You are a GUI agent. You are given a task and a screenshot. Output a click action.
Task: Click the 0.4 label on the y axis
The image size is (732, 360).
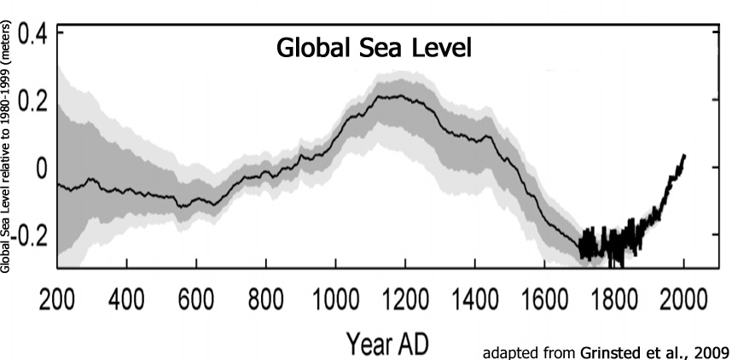point(32,36)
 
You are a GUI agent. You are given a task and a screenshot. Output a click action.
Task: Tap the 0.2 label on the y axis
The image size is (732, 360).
point(32,102)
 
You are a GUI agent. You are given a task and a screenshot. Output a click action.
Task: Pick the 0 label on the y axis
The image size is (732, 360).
point(40,167)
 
